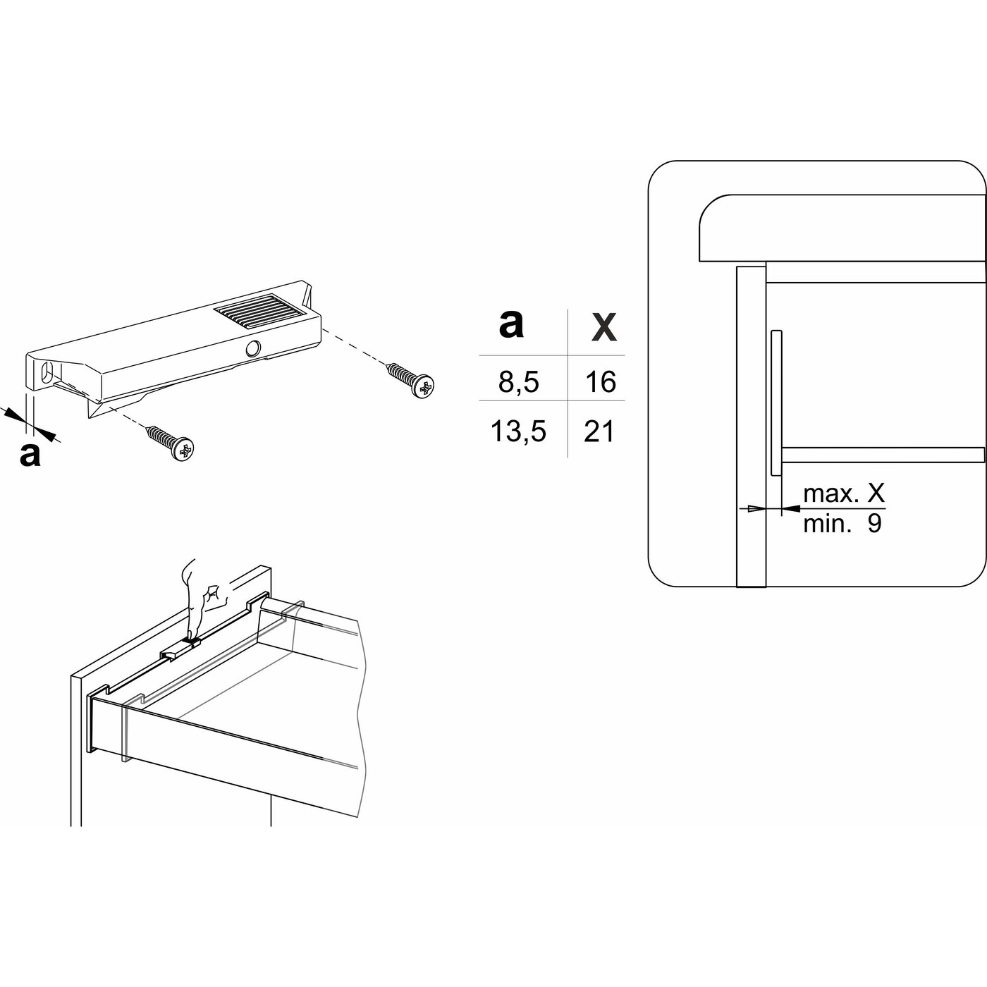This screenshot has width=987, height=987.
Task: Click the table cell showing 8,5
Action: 518,382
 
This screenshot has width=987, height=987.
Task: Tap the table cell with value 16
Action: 600,382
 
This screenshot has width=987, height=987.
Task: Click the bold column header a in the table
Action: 511,324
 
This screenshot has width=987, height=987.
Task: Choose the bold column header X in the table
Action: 603,327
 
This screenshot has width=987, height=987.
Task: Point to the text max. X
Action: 843,493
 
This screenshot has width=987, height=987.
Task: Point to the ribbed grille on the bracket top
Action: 261,311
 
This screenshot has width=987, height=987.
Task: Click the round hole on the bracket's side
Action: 252,348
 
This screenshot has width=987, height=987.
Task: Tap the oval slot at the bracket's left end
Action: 47,372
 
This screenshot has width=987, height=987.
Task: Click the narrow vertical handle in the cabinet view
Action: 776,402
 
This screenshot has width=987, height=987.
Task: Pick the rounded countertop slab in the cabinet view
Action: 839,229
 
